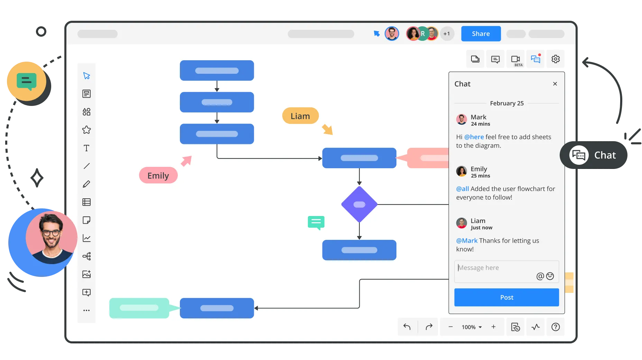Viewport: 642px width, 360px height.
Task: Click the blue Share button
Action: (481, 34)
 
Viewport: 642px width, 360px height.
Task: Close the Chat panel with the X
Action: (555, 84)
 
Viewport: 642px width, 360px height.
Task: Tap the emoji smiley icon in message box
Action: (550, 276)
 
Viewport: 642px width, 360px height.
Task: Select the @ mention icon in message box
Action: (540, 276)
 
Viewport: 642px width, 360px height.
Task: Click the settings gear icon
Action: (556, 59)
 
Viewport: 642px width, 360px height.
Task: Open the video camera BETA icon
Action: (516, 59)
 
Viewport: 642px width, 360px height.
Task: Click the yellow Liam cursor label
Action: (300, 116)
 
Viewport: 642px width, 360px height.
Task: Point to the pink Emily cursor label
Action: (158, 175)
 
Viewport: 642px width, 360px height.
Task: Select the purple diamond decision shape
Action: (359, 204)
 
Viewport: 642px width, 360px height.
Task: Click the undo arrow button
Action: (407, 327)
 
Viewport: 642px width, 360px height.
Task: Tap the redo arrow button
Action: (429, 327)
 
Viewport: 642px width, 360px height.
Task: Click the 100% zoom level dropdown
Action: (472, 327)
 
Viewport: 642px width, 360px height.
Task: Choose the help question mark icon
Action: (556, 327)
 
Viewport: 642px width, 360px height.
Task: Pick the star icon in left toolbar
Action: (86, 130)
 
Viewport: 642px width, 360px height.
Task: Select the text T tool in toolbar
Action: (86, 148)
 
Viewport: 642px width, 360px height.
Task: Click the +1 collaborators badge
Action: (447, 34)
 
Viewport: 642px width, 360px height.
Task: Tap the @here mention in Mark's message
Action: (474, 137)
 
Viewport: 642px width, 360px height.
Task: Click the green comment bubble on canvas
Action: (316, 223)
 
